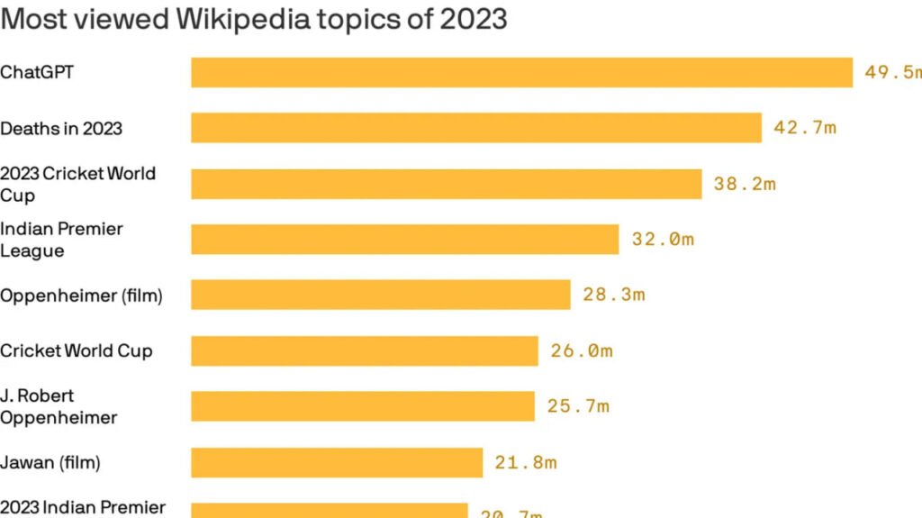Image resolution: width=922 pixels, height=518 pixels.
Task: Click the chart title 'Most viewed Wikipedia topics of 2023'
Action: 254,19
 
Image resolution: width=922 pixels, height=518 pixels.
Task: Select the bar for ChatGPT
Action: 521,73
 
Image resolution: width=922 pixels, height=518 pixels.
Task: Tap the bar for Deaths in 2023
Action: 475,128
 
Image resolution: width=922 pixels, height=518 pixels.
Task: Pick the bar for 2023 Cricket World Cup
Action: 446,184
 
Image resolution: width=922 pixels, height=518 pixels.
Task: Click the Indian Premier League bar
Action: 404,240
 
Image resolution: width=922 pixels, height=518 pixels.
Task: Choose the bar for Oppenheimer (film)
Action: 380,295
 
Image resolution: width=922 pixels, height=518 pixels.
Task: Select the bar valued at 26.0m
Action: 364,350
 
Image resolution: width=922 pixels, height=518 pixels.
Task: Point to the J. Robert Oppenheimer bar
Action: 362,406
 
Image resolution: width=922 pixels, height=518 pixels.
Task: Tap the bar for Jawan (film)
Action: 337,462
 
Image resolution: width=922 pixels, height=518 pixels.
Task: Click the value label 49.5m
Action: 892,73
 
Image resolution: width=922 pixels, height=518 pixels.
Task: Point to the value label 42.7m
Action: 804,128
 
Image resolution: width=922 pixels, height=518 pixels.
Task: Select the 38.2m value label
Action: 744,184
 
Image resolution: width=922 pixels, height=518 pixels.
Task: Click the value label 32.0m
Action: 662,240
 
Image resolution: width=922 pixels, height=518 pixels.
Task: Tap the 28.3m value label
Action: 613,295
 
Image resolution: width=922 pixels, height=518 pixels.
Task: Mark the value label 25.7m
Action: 577,406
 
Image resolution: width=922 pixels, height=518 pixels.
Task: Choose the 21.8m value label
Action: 525,463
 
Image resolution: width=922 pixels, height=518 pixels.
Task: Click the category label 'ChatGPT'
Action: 37,72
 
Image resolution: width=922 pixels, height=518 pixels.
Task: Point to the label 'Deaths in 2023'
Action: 61,128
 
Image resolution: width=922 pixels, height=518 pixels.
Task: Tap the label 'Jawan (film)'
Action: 50,462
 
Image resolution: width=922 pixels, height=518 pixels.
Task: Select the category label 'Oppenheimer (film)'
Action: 81,295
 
